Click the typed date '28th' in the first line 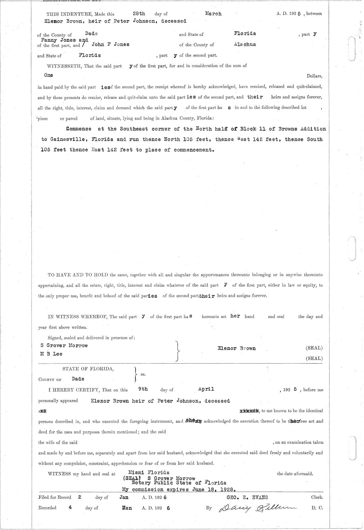pyautogui.click(x=139, y=14)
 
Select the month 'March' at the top pyautogui.click(x=213, y=14)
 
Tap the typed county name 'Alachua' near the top pyautogui.click(x=245, y=44)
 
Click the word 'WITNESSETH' pyautogui.click(x=62, y=66)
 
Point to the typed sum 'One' pyautogui.click(x=49, y=75)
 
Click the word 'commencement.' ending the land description pyautogui.click(x=194, y=150)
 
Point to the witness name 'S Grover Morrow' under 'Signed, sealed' pyautogui.click(x=64, y=345)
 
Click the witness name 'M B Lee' pyautogui.click(x=51, y=354)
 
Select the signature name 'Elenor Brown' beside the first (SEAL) pyautogui.click(x=237, y=348)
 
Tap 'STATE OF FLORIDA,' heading pyautogui.click(x=88, y=369)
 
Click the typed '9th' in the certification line pyautogui.click(x=143, y=389)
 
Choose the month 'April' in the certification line pyautogui.click(x=206, y=389)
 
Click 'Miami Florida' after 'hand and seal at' pyautogui.click(x=149, y=473)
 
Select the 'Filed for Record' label pyautogui.click(x=55, y=498)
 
